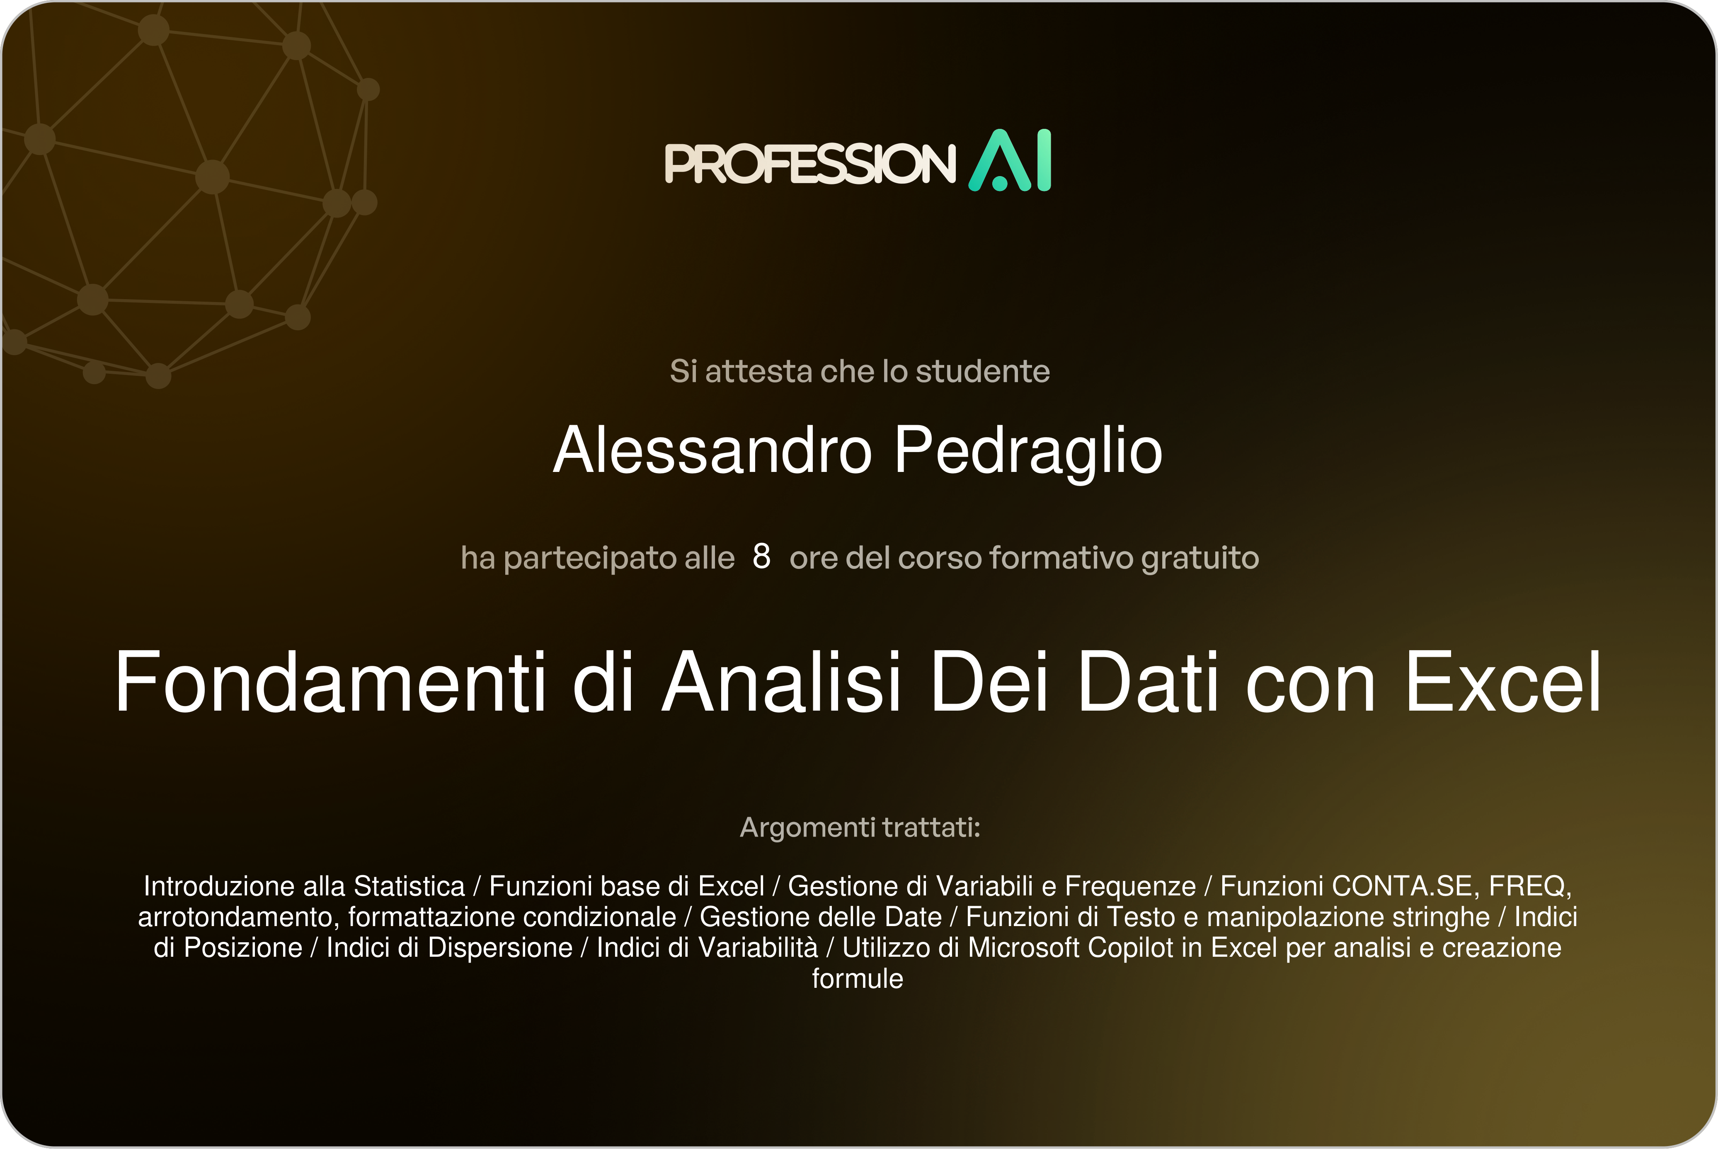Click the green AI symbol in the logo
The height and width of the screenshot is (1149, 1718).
pyautogui.click(x=1010, y=160)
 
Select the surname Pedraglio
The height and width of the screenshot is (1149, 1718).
pyautogui.click(x=1027, y=451)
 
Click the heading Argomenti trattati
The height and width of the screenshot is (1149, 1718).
pyautogui.click(x=860, y=827)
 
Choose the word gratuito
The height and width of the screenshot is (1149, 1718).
pyautogui.click(x=1200, y=559)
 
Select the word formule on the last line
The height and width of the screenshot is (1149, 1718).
pyautogui.click(x=858, y=979)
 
